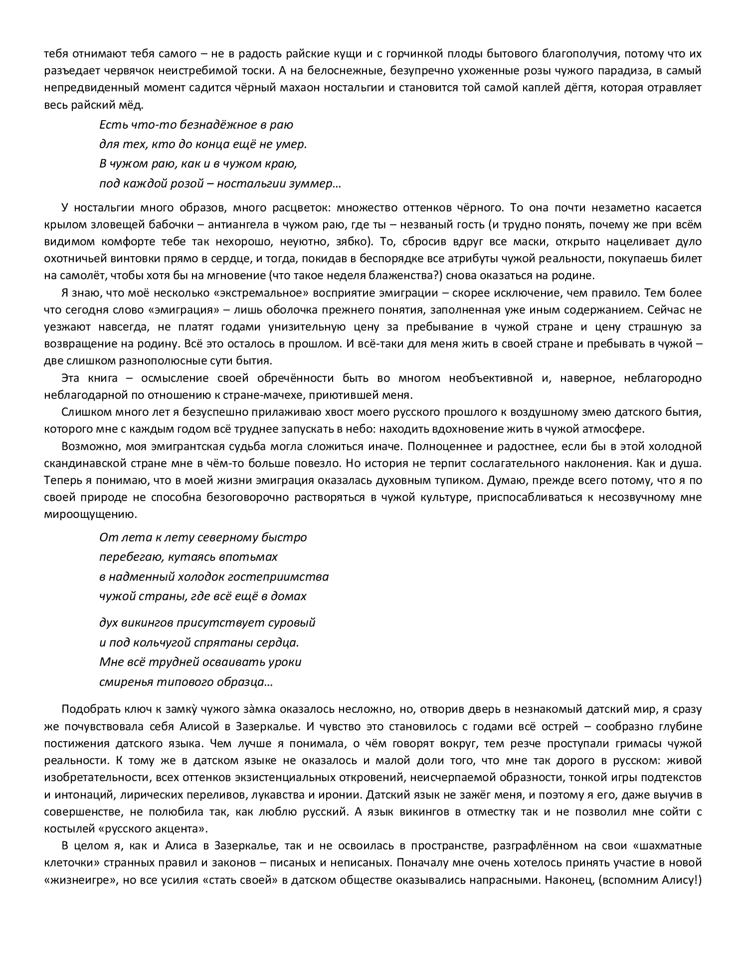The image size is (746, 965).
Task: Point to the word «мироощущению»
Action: [90, 514]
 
